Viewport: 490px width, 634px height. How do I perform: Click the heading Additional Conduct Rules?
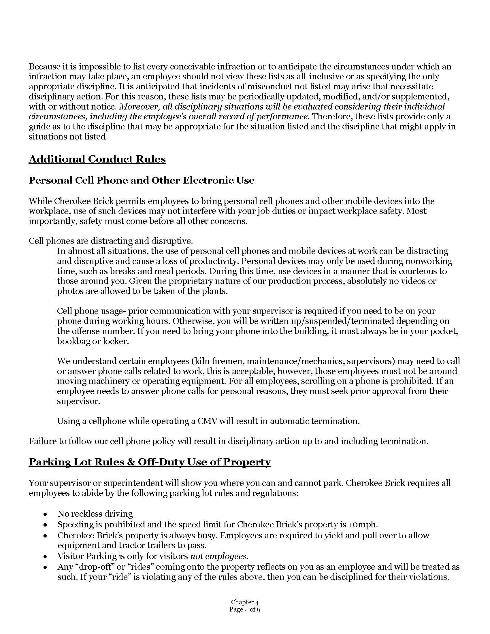(x=97, y=159)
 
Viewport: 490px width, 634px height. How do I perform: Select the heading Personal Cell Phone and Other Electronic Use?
(x=141, y=180)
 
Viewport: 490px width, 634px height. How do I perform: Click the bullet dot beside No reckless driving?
(x=45, y=514)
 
